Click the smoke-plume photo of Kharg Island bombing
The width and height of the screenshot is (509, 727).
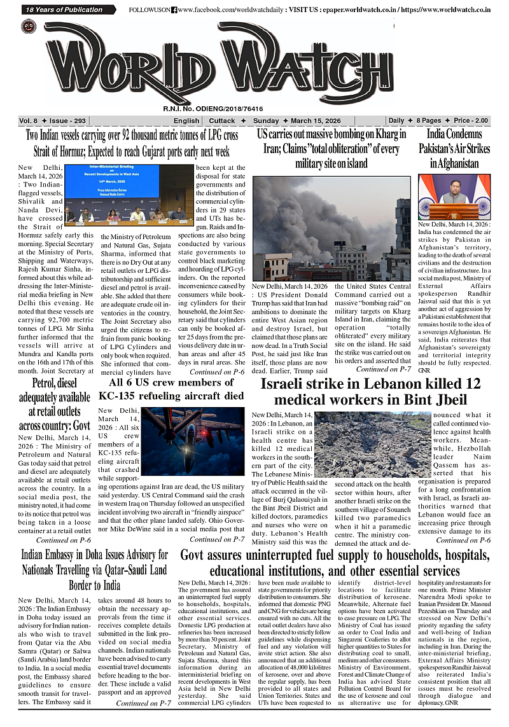coord(331,228)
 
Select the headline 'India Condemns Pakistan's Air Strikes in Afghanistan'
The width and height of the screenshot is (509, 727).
coord(454,148)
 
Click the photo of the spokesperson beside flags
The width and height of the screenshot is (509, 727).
coord(454,197)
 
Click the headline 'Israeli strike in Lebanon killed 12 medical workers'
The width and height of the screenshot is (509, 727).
coord(370,392)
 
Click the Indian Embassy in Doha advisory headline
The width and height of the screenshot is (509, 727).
coord(94,570)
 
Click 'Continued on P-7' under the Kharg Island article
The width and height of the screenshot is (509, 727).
coord(383,369)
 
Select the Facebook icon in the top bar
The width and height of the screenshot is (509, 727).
coord(174,10)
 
